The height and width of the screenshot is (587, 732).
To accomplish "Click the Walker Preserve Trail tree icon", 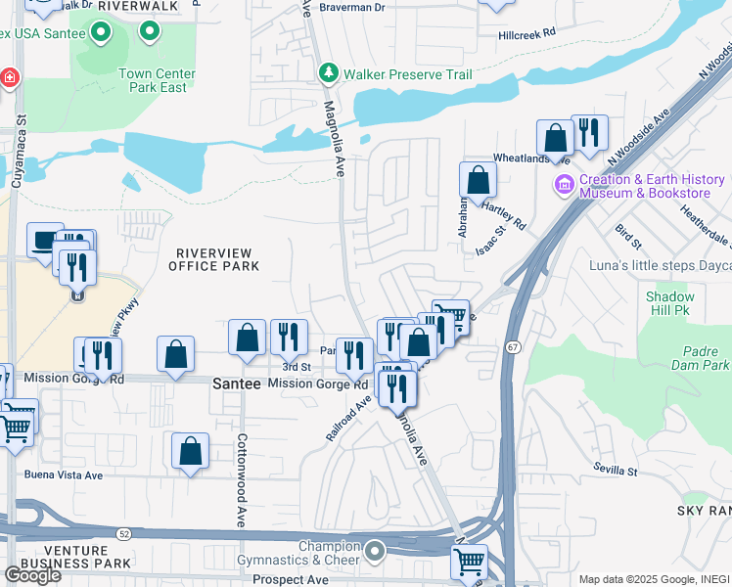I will tap(329, 74).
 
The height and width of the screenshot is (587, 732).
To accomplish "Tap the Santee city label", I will tap(237, 384).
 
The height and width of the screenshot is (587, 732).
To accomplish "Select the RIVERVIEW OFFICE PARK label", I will tap(214, 259).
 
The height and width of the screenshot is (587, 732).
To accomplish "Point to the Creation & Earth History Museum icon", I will tap(564, 185).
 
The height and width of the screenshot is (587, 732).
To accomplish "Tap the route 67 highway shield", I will tap(513, 347).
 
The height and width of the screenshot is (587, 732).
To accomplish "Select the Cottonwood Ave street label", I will tap(242, 479).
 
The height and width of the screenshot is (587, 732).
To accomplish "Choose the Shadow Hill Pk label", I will tap(669, 303).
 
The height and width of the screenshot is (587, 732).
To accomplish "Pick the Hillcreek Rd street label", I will tap(526, 32).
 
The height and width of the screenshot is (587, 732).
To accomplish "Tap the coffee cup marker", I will tap(44, 241).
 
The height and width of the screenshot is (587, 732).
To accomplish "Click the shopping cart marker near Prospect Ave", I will tap(469, 562).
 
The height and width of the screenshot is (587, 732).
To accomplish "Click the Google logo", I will tap(32, 575).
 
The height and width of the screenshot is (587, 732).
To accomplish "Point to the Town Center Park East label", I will tap(157, 80).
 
